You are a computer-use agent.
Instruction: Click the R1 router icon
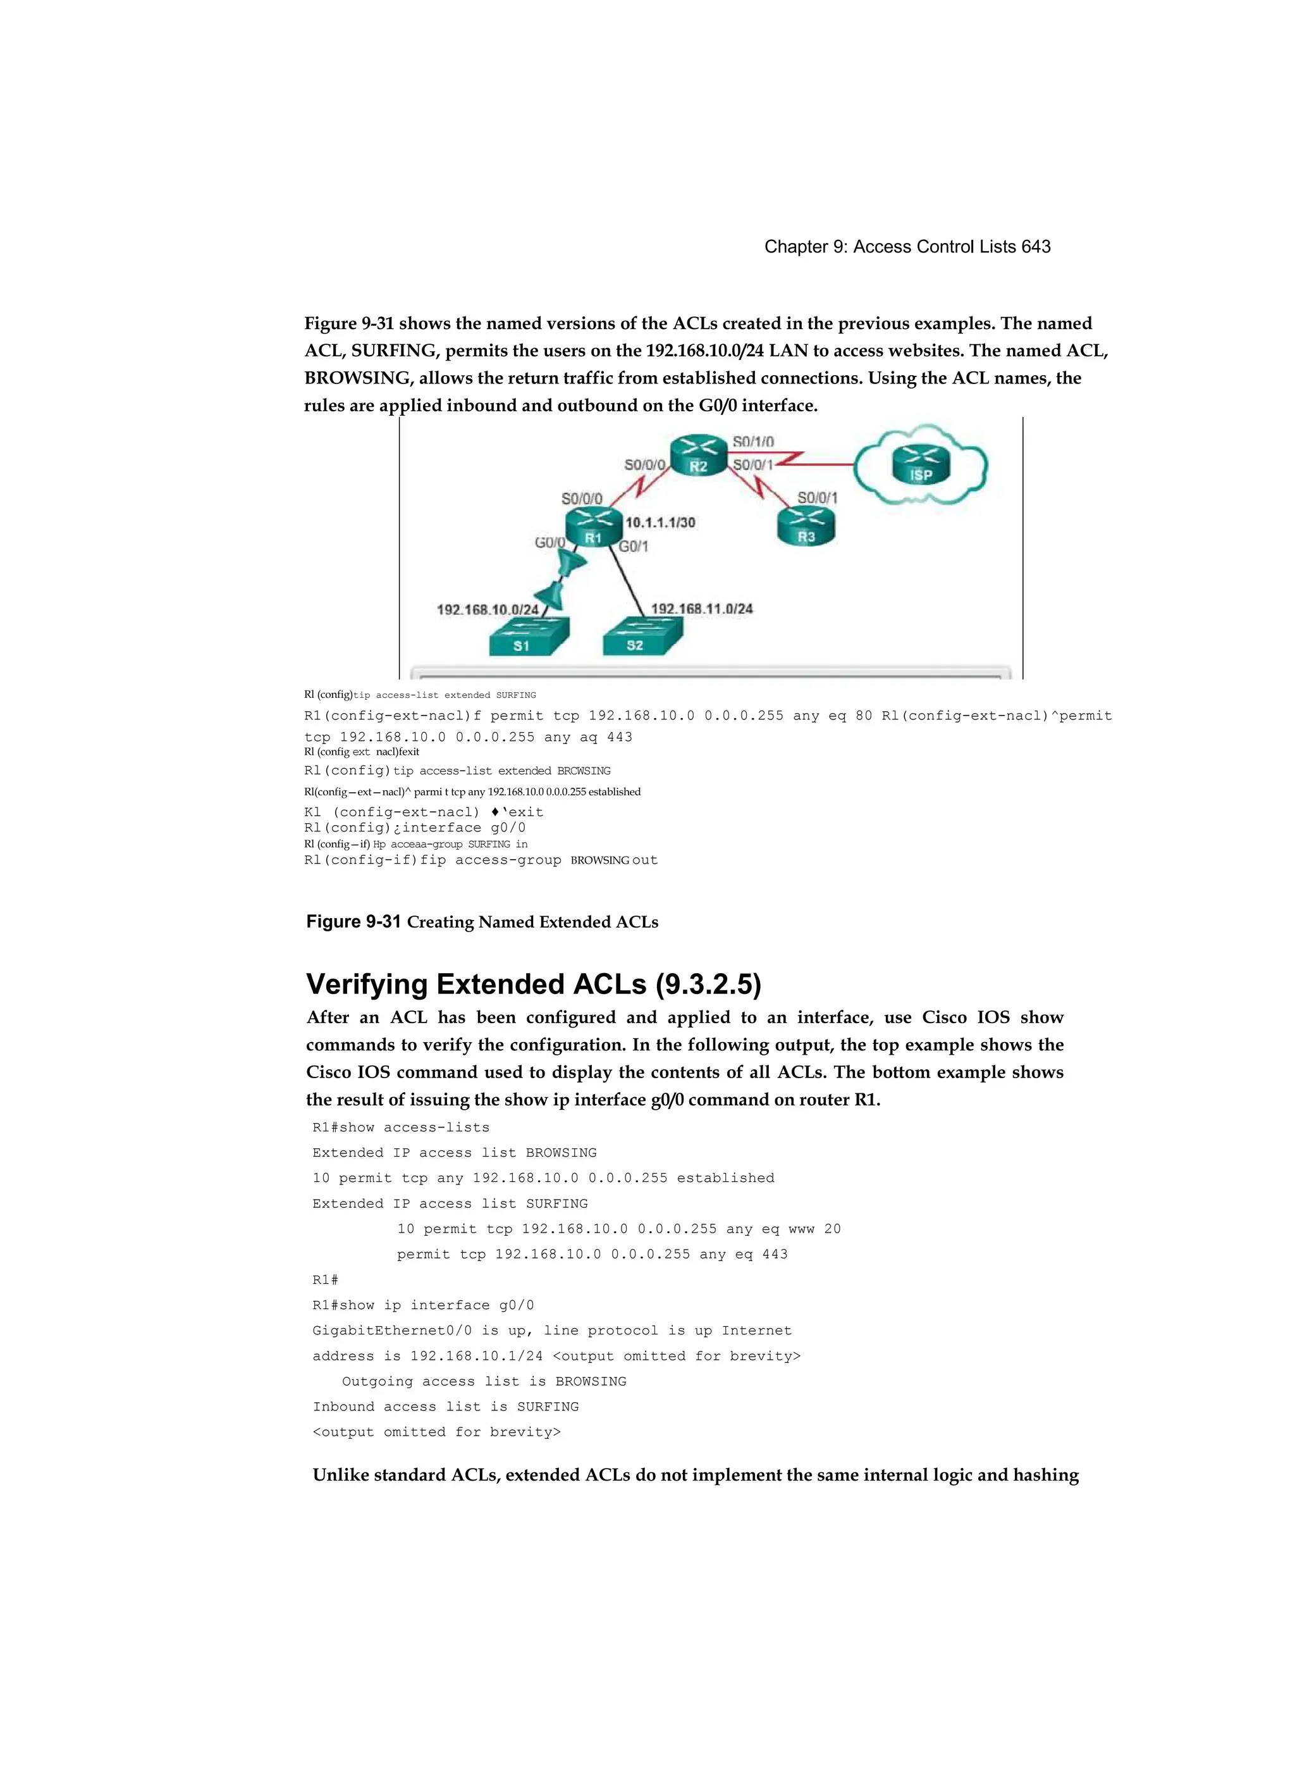[x=593, y=526]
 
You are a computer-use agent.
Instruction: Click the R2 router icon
[x=699, y=455]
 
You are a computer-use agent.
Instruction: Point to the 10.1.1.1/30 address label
[x=660, y=522]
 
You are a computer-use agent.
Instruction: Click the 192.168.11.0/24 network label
[x=702, y=609]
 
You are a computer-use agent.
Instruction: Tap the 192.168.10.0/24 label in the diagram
[x=487, y=609]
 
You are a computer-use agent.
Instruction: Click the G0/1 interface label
[x=634, y=547]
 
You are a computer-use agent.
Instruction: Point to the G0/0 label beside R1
[x=549, y=542]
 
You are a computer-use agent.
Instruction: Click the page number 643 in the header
[x=1036, y=247]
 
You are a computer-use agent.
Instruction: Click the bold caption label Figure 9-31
[x=353, y=921]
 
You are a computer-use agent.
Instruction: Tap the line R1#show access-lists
[x=401, y=1128]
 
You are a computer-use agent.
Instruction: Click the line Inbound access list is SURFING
[x=446, y=1407]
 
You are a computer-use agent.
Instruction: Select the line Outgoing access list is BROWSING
[x=484, y=1381]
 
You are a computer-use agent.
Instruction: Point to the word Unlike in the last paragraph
[x=340, y=1475]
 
